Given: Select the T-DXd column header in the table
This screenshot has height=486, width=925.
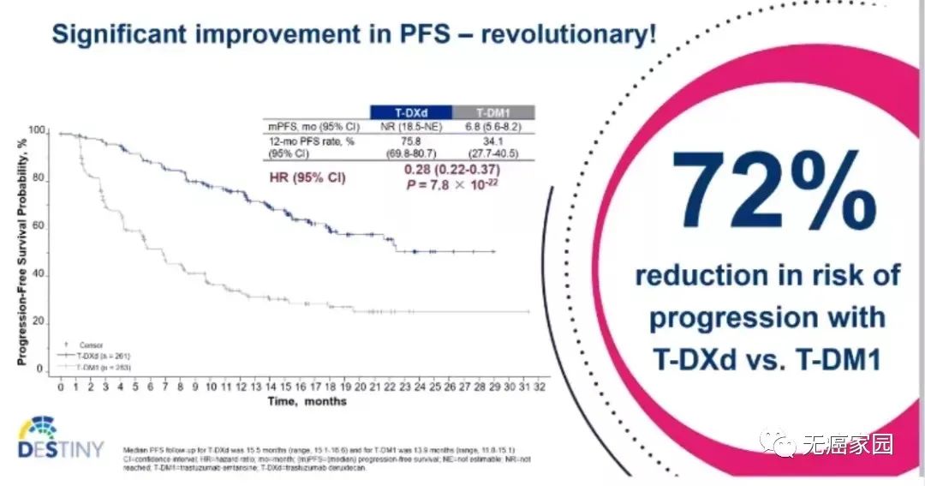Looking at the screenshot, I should click(409, 111).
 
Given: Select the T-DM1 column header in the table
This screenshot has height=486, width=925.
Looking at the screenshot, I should click(492, 111).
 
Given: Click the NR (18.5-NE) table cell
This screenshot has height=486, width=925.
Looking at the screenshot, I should click(409, 126).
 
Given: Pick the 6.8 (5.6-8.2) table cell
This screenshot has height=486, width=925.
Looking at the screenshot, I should click(492, 126).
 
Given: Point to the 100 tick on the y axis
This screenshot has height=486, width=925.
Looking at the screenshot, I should click(36, 131).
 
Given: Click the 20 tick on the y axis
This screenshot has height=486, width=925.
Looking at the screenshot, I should click(39, 321).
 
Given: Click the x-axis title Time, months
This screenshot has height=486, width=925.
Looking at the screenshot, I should click(307, 401).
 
